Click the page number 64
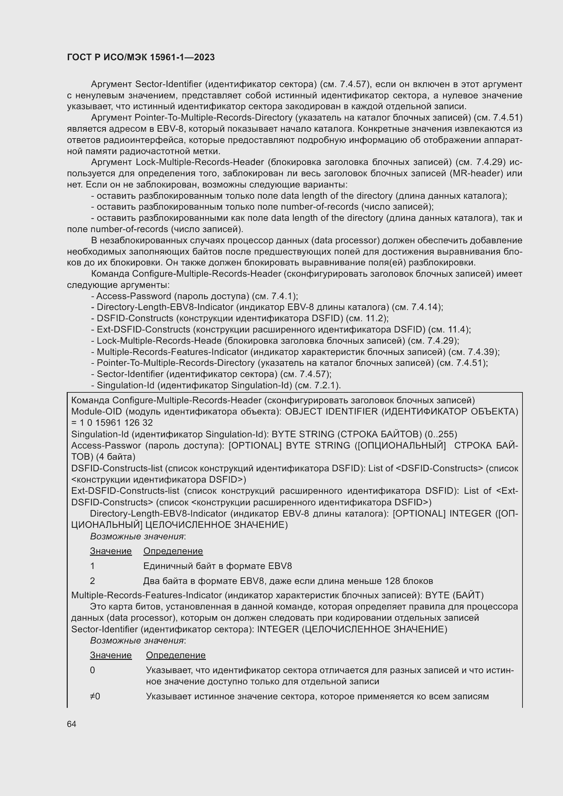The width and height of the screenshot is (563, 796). (x=71, y=724)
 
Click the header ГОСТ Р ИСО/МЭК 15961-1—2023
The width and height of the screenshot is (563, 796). (x=141, y=57)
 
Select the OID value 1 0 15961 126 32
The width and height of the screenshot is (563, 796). (x=116, y=423)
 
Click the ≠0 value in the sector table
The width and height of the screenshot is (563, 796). (x=95, y=696)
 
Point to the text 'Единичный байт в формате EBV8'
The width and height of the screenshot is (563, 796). (x=218, y=566)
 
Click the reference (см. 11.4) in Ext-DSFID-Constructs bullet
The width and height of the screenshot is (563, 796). (x=449, y=329)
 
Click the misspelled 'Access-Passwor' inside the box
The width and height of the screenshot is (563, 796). (x=106, y=445)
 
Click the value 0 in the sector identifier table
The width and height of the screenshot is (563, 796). (x=93, y=670)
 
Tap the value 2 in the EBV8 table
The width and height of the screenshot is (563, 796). (x=93, y=581)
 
